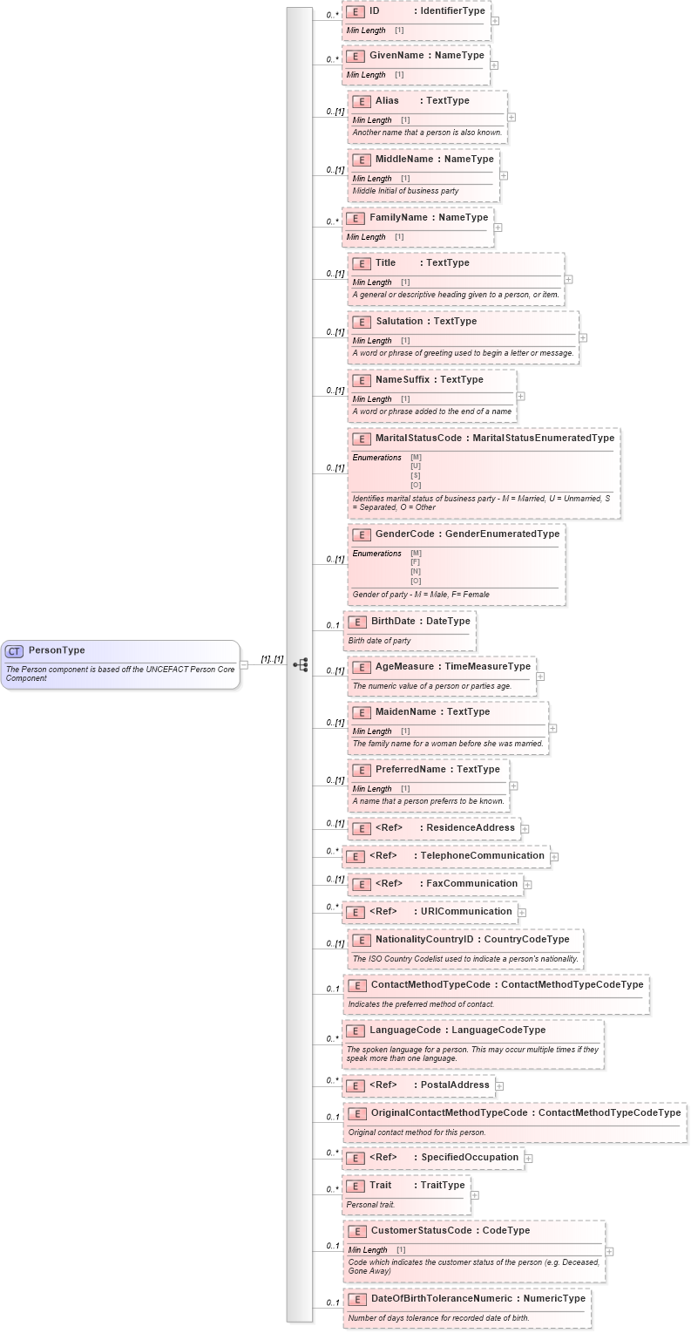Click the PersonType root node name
57,650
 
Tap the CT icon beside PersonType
14,651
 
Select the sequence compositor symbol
301,664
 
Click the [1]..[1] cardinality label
272,659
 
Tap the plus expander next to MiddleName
504,175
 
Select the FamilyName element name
398,217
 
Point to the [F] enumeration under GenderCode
416,562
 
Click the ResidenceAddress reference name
471,827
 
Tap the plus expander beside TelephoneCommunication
554,857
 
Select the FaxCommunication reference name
471,883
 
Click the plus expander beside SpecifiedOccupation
529,1159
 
